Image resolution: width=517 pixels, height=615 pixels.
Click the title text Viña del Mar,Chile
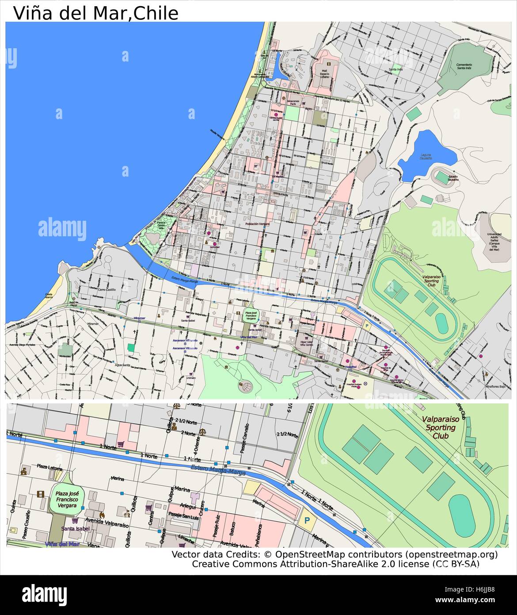click(95, 13)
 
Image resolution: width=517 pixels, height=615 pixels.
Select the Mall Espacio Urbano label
click(325, 73)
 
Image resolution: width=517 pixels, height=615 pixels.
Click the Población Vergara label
click(258, 224)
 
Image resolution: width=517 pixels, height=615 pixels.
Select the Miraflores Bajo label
click(495, 386)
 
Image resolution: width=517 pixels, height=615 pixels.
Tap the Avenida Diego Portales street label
click(31, 345)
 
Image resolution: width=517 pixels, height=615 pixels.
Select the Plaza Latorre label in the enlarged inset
click(49, 466)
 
